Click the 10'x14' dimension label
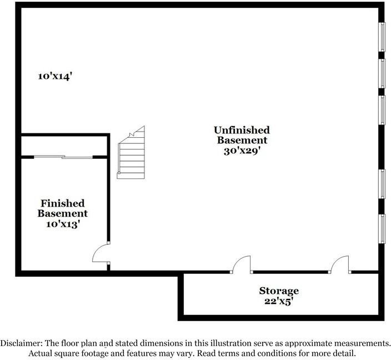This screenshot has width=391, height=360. [55, 76]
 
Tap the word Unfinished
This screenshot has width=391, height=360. [242, 130]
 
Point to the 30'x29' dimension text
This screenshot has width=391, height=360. [242, 151]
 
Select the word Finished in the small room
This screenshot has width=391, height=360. [63, 203]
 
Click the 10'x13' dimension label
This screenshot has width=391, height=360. [63, 224]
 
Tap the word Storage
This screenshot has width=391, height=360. [279, 291]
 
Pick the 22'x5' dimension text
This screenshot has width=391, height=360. [279, 301]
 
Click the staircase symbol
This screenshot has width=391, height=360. [131, 152]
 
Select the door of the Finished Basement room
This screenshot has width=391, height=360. [101, 253]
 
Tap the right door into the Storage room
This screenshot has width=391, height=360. [340, 264]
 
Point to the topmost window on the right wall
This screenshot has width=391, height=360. [382, 37]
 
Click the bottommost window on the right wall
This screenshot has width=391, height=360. [382, 229]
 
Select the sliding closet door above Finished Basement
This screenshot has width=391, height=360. [63, 157]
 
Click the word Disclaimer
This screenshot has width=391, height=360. [21, 343]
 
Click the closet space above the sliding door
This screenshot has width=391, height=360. [64, 146]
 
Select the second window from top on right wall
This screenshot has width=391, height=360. [382, 73]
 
